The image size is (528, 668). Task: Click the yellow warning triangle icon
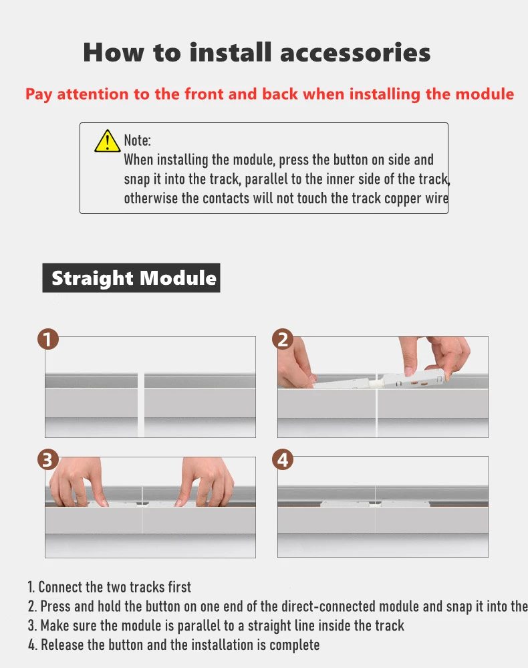108,142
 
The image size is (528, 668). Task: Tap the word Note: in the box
137,140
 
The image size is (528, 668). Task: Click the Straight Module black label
131,277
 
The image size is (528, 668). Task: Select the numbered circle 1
47,339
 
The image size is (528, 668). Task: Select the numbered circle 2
283,339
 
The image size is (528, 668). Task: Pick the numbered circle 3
47,459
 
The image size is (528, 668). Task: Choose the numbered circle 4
283,459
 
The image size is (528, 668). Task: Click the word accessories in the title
355,52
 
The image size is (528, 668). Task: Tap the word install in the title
230,52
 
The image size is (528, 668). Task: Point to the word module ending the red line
485,94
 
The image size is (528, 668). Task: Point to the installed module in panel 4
375,504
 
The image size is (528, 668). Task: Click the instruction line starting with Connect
110,587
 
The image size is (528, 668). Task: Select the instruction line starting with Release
174,645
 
